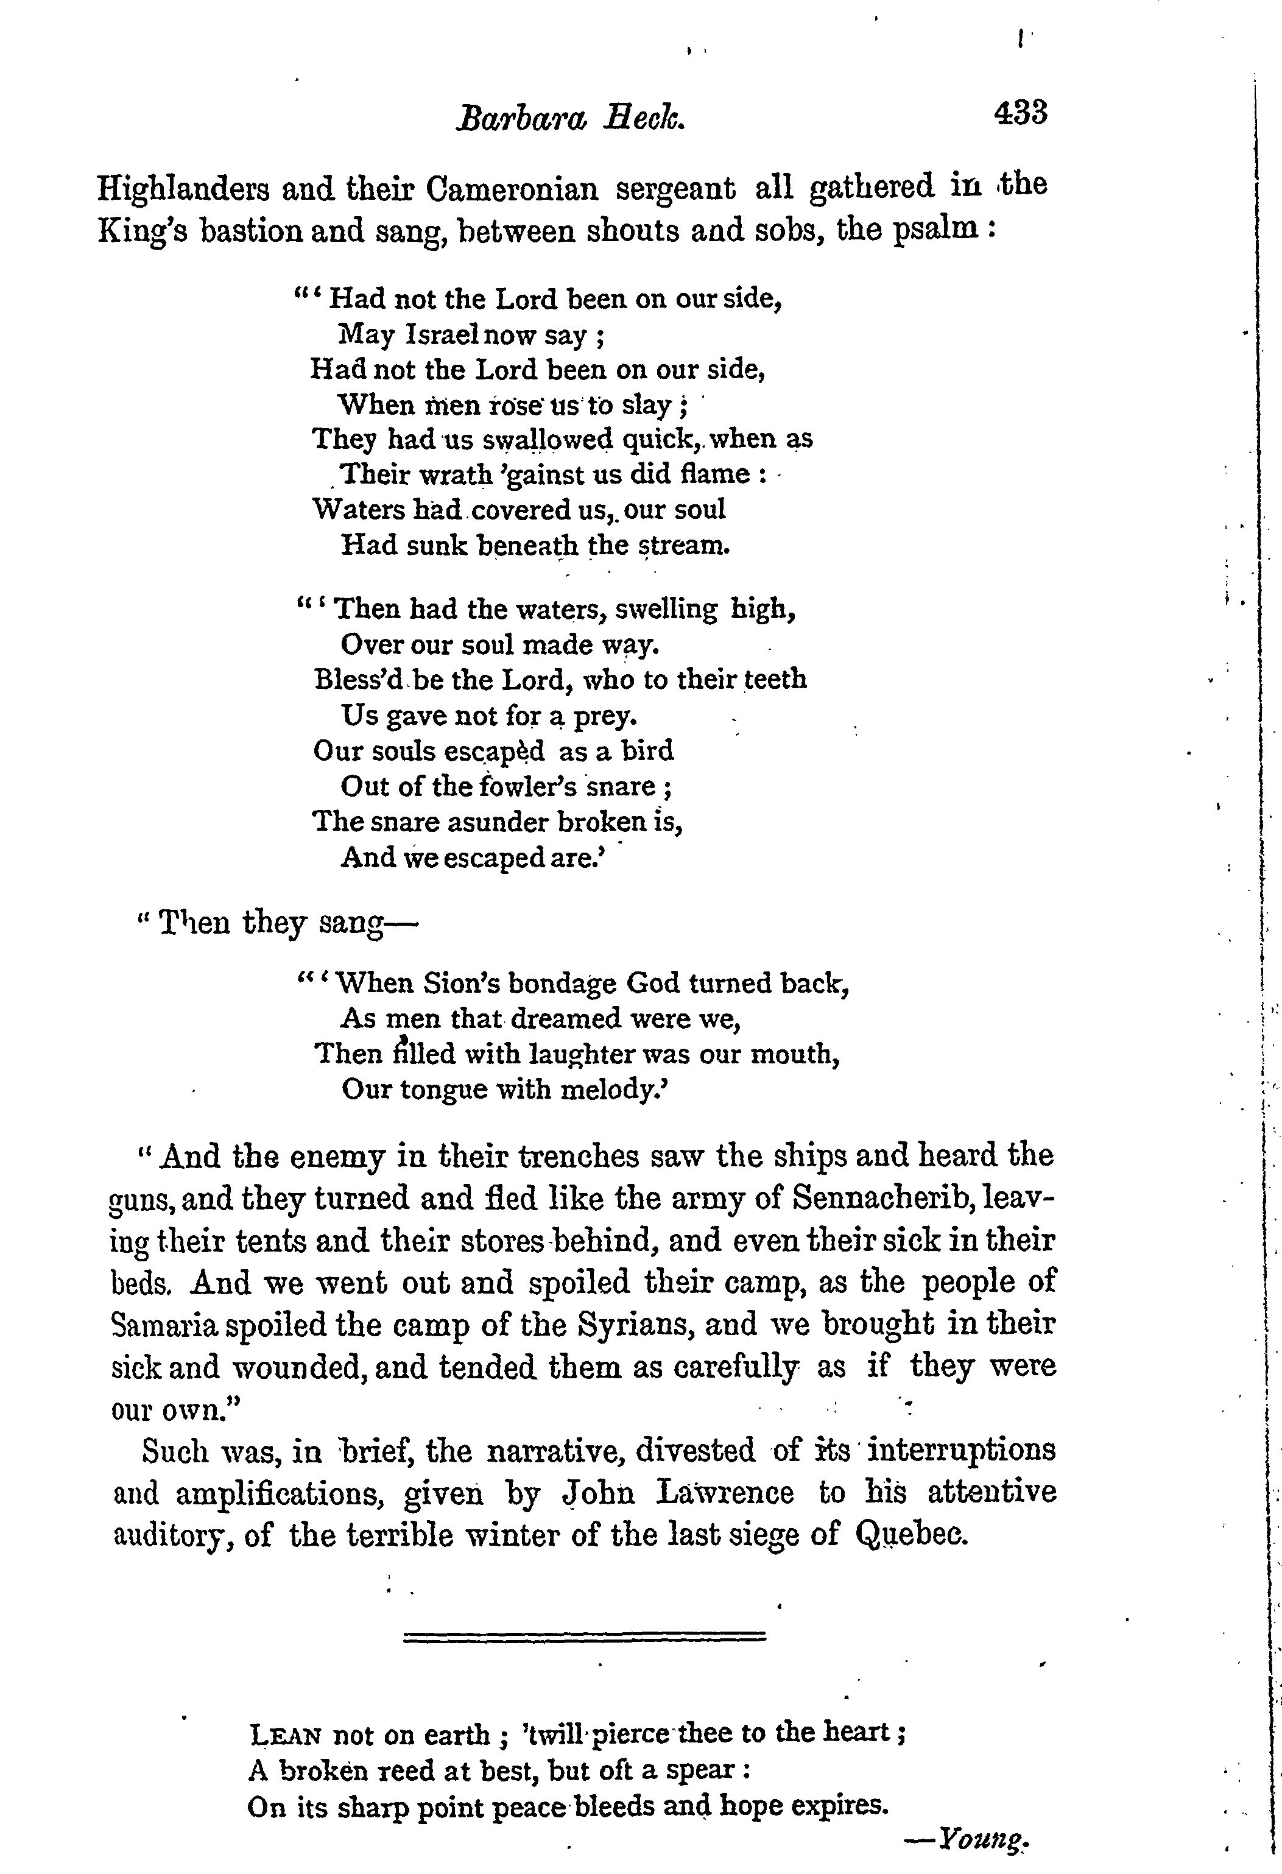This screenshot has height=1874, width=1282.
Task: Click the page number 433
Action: (1021, 113)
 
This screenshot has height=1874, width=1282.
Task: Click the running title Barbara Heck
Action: (571, 119)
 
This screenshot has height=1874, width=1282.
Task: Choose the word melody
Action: (615, 1090)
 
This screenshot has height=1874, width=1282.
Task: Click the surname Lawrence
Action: (725, 1493)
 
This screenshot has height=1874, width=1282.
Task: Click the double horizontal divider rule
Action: (583, 1637)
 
